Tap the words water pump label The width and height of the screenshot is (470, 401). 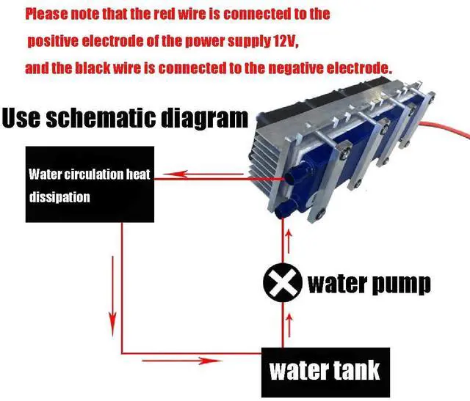369,282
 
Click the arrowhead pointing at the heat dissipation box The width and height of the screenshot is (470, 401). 165,174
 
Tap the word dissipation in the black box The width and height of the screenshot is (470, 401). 59,196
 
